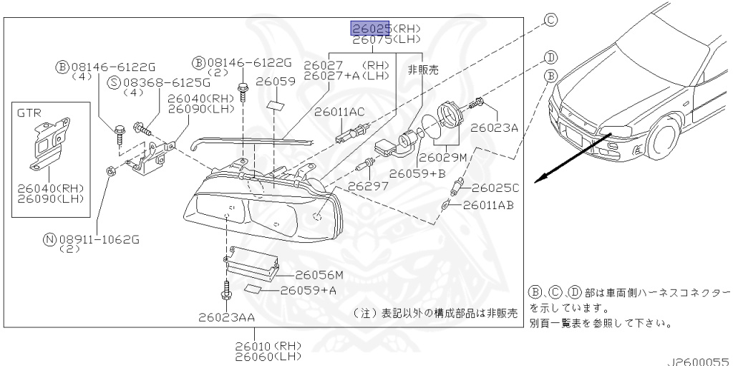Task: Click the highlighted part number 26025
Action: (x=370, y=29)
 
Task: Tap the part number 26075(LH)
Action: (x=387, y=40)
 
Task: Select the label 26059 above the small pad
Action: (x=276, y=82)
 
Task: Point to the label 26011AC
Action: (x=339, y=112)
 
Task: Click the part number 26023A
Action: (x=494, y=127)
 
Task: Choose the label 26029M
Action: (x=442, y=158)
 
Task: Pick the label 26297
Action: (x=368, y=186)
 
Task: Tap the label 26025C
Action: (x=495, y=188)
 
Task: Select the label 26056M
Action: (x=319, y=275)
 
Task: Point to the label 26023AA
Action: (x=227, y=318)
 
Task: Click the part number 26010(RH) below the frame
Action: (x=268, y=347)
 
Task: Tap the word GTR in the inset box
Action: (x=29, y=112)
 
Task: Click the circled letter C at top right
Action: (x=550, y=19)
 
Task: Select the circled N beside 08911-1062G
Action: (x=49, y=240)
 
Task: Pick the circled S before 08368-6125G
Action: (x=114, y=83)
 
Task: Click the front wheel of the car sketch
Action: (x=664, y=138)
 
